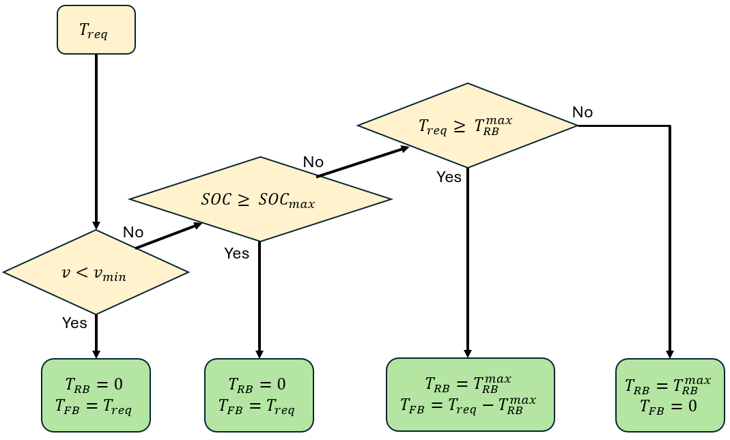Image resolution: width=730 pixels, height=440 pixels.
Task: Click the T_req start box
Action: coord(96,30)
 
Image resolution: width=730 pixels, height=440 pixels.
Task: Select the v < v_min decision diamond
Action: coord(96,272)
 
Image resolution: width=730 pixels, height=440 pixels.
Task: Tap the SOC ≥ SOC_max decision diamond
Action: coord(259,199)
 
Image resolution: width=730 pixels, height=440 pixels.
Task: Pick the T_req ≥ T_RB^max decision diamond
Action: coord(467,126)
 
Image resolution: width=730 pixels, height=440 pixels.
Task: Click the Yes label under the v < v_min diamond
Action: coord(74,323)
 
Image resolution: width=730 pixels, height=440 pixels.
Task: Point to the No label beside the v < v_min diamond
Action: coord(133,232)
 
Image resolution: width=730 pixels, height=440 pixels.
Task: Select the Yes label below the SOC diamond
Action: coord(237,253)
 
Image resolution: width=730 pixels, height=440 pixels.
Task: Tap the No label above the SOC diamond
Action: coord(313,162)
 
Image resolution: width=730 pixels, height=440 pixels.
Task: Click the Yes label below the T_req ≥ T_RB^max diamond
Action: coord(449,177)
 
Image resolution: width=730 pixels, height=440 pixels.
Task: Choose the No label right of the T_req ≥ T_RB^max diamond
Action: coord(582,112)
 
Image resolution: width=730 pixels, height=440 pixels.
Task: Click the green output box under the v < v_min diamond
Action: coord(96,395)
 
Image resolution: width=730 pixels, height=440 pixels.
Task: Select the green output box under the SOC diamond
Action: coord(259,395)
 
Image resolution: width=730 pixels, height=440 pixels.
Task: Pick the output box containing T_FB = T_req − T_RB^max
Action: coord(470,394)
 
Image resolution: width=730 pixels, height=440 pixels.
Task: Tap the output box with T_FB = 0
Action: coord(670,395)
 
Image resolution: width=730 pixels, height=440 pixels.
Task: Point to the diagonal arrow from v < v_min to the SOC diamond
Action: coord(169,236)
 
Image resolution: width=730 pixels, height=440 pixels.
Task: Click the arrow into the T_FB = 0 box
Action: coord(670,239)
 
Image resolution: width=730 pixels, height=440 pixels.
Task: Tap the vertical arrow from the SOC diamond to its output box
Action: coord(259,300)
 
